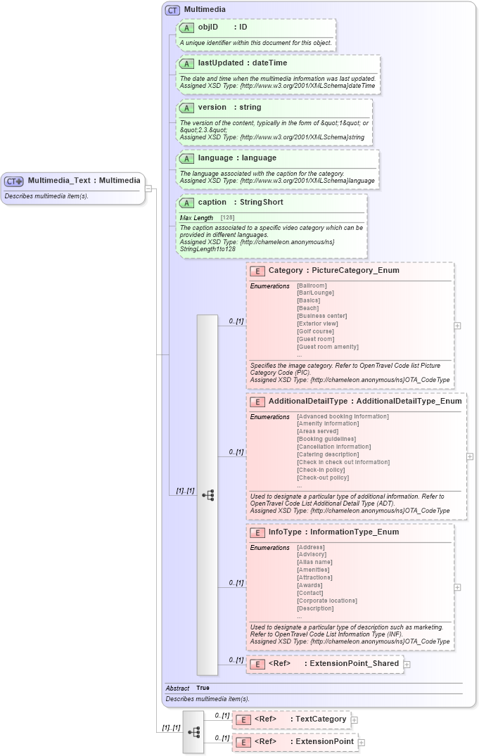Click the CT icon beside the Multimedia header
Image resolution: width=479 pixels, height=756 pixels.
click(x=172, y=11)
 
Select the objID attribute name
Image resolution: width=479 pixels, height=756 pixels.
click(x=208, y=27)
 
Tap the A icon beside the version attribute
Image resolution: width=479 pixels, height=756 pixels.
click(x=186, y=108)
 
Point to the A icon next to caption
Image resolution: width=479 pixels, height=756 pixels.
click(x=186, y=203)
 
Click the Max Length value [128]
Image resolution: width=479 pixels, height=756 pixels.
click(x=228, y=218)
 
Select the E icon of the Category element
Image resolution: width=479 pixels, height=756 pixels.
click(x=257, y=271)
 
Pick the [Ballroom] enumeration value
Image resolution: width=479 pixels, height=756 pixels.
click(x=312, y=286)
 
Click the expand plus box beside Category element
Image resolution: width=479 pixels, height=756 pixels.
click(x=458, y=326)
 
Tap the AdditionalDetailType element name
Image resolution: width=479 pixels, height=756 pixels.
click(x=308, y=402)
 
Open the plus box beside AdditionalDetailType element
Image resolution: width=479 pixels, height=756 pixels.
click(x=471, y=456)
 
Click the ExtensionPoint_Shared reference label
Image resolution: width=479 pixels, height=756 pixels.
click(x=354, y=663)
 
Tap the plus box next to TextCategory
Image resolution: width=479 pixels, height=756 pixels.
click(x=355, y=719)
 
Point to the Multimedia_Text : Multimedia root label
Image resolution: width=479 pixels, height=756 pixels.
click(x=84, y=181)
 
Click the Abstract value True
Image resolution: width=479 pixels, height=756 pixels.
click(x=203, y=688)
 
